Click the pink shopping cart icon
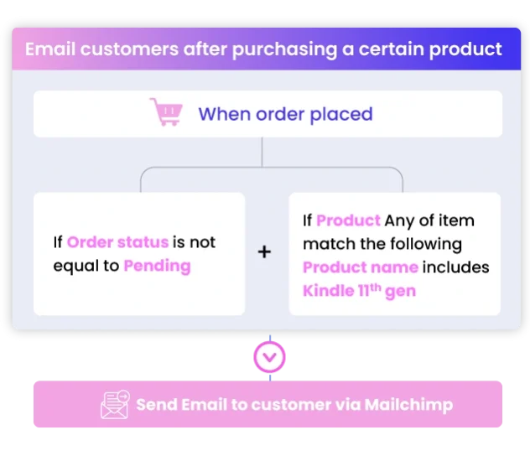pyautogui.click(x=166, y=112)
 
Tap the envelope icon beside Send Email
pyautogui.click(x=115, y=405)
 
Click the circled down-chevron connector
pyautogui.click(x=269, y=357)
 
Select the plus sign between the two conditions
pyautogui.click(x=264, y=252)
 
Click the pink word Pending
pyautogui.click(x=157, y=267)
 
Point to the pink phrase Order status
pyautogui.click(x=117, y=242)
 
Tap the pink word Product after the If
pyautogui.click(x=348, y=220)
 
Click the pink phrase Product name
pyautogui.click(x=361, y=267)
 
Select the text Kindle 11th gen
pyautogui.click(x=359, y=291)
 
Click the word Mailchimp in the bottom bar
pyautogui.click(x=408, y=405)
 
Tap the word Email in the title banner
pyautogui.click(x=50, y=49)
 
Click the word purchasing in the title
pyautogui.click(x=284, y=50)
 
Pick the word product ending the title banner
pyautogui.click(x=465, y=50)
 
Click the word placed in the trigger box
pyautogui.click(x=341, y=115)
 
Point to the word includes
pyautogui.click(x=455, y=267)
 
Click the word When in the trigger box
pyautogui.click(x=225, y=114)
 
